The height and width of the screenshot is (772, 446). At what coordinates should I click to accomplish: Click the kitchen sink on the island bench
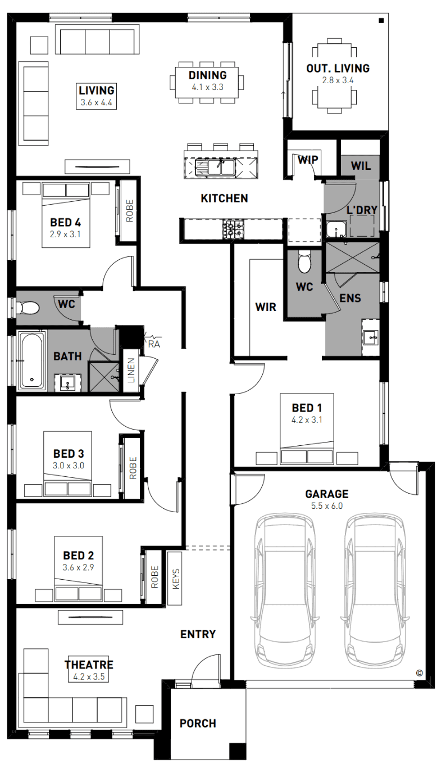(215, 167)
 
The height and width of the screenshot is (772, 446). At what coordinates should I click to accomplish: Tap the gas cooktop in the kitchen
(233, 228)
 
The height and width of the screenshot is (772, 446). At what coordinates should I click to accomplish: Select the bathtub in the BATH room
(32, 360)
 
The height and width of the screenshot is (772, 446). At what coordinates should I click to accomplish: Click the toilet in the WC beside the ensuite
(304, 261)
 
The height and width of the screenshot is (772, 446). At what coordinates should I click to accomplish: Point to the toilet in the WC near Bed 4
(28, 307)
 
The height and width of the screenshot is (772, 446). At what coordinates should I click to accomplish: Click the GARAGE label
(327, 494)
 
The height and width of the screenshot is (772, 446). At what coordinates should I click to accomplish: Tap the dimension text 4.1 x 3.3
(207, 87)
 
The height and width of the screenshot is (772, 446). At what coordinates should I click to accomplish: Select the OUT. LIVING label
(338, 68)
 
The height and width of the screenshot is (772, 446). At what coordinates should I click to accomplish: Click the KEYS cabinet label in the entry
(176, 579)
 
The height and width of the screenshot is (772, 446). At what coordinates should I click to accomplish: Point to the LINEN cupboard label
(131, 371)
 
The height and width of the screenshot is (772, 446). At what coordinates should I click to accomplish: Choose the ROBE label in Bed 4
(130, 211)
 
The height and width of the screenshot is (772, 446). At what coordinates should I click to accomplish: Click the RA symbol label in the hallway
(154, 344)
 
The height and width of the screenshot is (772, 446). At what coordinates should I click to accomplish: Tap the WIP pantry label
(308, 160)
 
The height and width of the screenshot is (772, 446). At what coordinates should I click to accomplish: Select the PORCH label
(198, 724)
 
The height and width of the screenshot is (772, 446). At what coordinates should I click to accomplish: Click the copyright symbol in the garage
(419, 672)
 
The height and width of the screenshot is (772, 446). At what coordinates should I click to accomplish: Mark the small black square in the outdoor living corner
(381, 21)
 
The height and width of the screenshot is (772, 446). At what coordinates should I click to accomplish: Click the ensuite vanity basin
(371, 336)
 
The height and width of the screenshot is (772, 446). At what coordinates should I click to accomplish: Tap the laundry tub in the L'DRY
(335, 229)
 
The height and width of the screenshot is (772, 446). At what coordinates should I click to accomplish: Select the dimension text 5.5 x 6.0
(327, 506)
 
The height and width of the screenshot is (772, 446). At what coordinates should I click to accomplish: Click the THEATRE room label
(89, 665)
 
